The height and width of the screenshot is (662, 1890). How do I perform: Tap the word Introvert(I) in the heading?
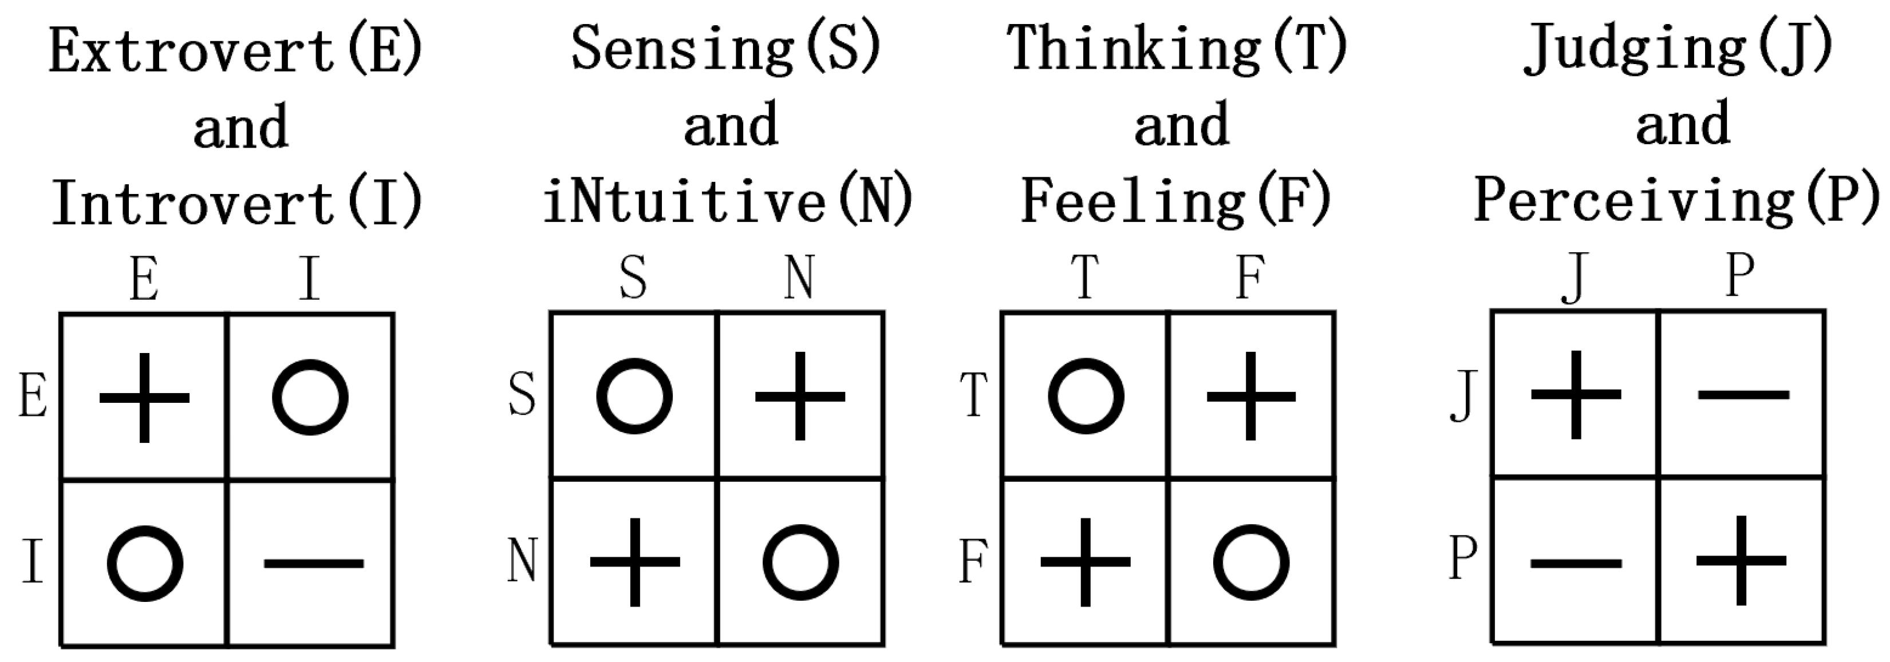coord(238,203)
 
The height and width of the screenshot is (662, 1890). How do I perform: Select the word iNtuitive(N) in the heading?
coord(728,201)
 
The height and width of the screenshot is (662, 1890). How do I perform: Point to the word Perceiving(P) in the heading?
coord(1677,201)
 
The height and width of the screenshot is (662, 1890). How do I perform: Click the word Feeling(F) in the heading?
coord(1176,201)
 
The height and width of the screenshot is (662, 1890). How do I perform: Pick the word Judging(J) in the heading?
coord(1679,50)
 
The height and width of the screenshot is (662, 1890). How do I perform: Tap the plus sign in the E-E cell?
coord(144,398)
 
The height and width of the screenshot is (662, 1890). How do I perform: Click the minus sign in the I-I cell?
coord(313,563)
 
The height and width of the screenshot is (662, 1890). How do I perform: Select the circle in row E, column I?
coord(310,397)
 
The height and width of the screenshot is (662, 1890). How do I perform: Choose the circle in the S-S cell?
coord(634,397)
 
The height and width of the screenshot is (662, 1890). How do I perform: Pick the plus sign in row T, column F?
coord(1252,397)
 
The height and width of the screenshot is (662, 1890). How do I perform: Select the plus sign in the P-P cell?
coord(1742,561)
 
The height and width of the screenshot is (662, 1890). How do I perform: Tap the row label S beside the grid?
coord(522,395)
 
